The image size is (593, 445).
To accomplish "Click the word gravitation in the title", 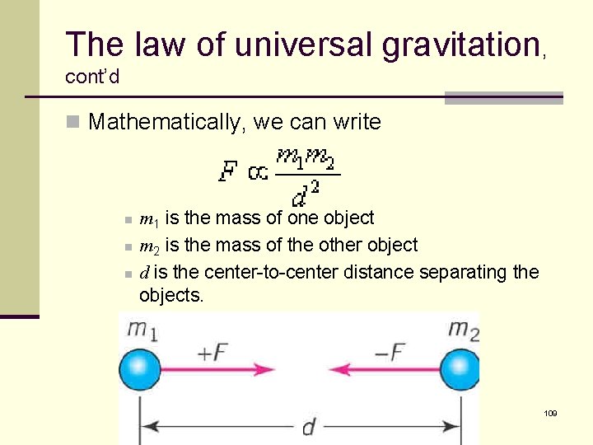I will (x=460, y=44).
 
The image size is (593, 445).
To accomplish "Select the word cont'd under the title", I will (x=92, y=77).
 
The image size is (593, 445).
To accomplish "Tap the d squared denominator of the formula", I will (x=306, y=193).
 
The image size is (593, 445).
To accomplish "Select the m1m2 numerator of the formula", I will (x=306, y=157).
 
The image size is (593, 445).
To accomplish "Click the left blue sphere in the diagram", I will (x=140, y=370).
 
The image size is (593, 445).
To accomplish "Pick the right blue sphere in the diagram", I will (x=460, y=370).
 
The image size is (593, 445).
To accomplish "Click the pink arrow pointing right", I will (x=222, y=370).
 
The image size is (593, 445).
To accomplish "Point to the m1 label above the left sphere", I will (x=143, y=330).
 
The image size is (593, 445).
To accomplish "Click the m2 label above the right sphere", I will (x=463, y=330).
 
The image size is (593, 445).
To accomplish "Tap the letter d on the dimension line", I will (x=308, y=427).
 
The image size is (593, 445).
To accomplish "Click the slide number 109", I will (x=551, y=412).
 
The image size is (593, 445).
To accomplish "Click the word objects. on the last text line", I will (x=171, y=294).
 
